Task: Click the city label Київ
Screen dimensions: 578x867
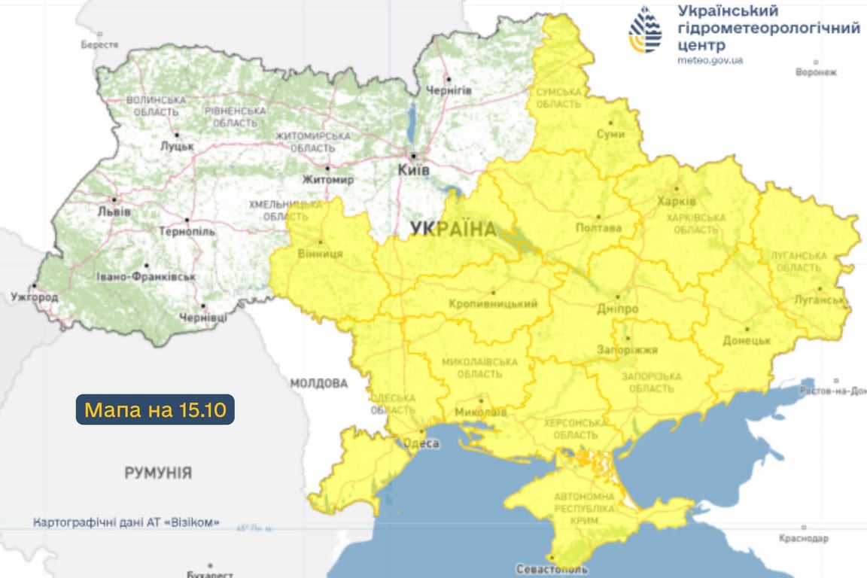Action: click(414, 171)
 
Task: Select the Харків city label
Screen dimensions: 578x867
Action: click(676, 202)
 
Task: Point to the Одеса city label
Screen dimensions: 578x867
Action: click(423, 443)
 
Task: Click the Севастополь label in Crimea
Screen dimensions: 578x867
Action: click(552, 569)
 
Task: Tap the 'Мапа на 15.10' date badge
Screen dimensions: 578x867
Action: click(155, 410)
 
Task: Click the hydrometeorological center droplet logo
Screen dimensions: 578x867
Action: click(645, 30)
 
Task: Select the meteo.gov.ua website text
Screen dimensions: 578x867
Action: click(710, 60)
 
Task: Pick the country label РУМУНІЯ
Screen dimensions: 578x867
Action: click(158, 473)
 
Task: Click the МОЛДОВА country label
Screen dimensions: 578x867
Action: click(319, 384)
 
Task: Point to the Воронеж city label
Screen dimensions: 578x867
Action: click(816, 72)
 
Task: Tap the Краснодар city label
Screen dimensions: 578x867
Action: click(804, 539)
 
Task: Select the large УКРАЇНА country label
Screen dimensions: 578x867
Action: click(453, 230)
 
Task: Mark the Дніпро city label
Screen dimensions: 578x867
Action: click(618, 309)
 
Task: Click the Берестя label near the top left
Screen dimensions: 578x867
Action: click(100, 44)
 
